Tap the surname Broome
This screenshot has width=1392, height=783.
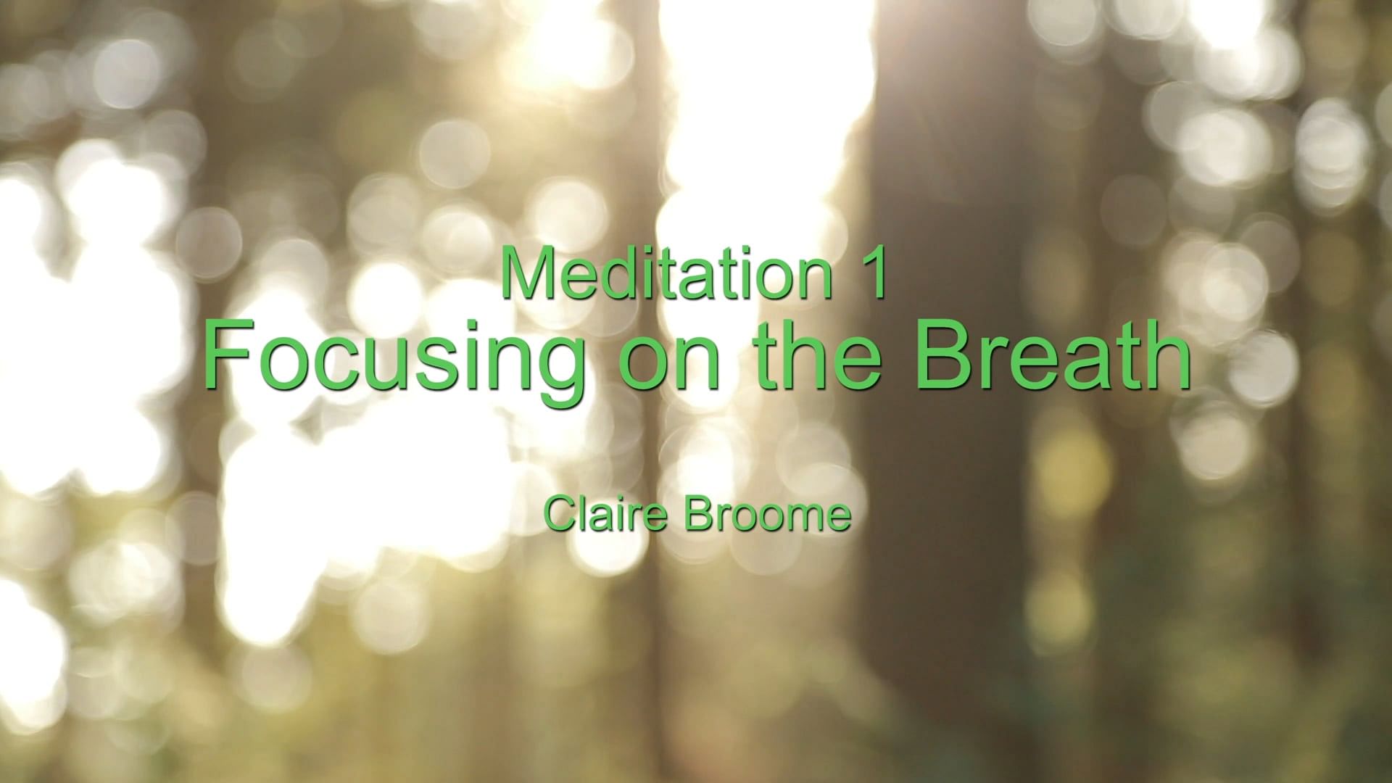[766, 514]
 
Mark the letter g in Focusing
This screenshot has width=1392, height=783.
[556, 377]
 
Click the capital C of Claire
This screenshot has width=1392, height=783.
[559, 514]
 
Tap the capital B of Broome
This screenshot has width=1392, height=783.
[696, 514]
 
